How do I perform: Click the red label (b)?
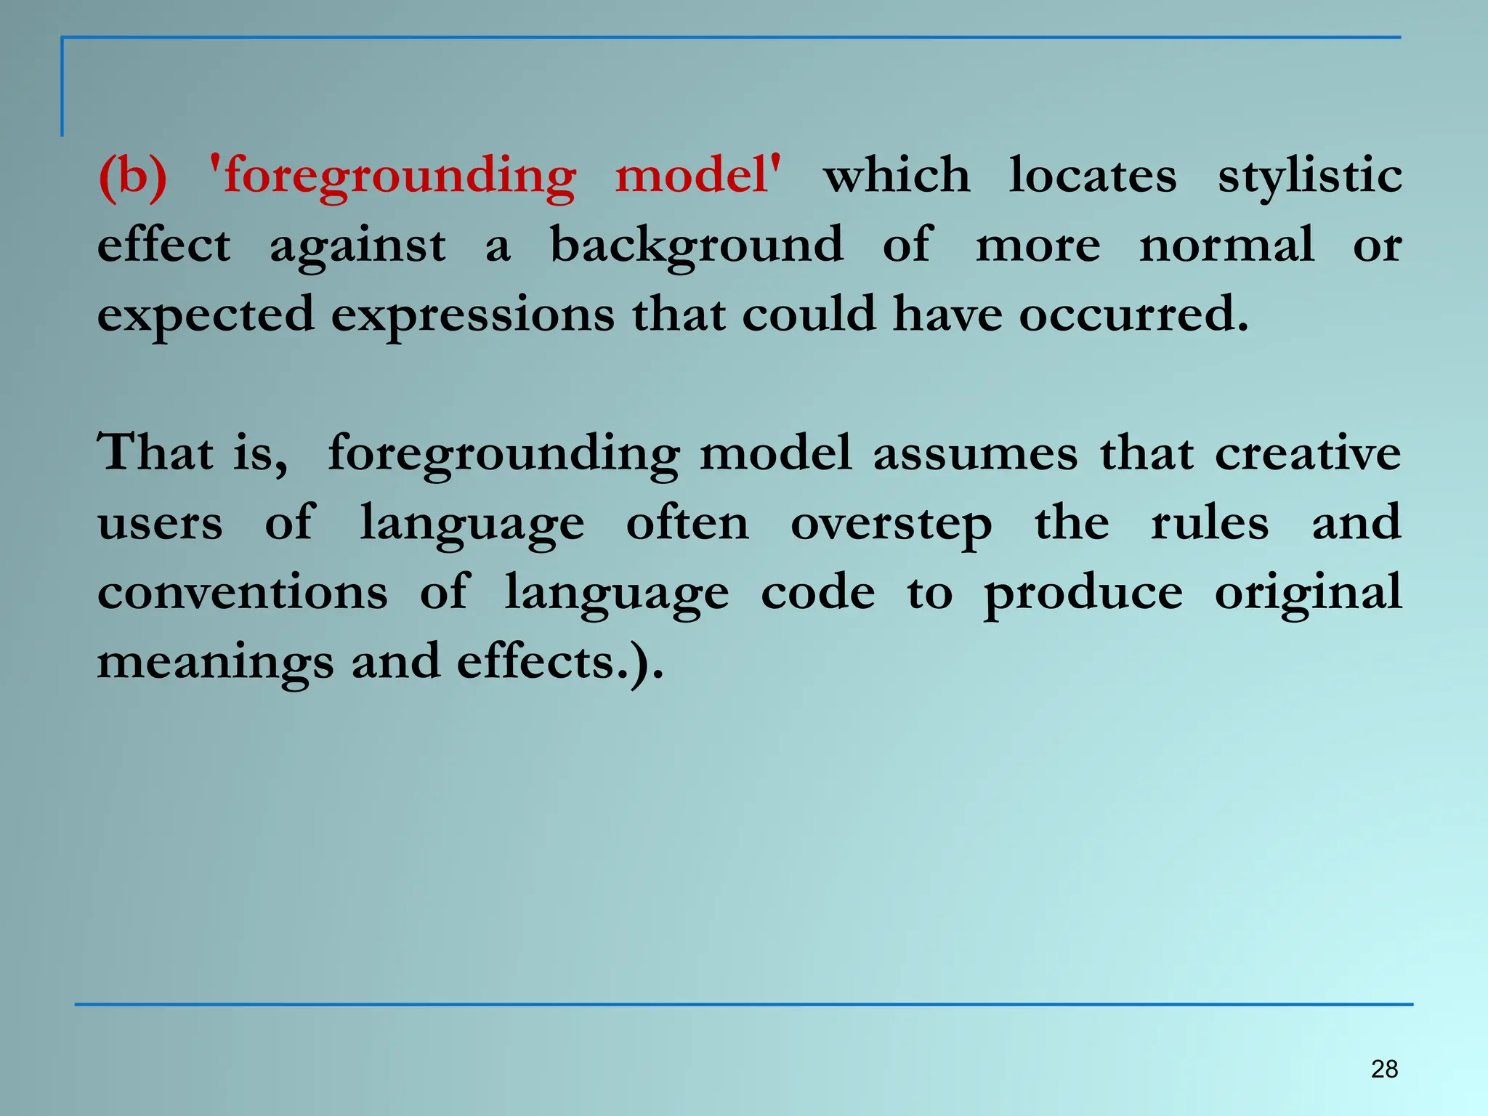(132, 176)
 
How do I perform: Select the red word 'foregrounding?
(392, 177)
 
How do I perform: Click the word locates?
(1092, 176)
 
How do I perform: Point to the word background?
(696, 246)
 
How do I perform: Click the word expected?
(206, 315)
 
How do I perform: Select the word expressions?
(473, 315)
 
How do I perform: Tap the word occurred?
(1133, 314)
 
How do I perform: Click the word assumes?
(975, 453)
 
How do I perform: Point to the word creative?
(1308, 453)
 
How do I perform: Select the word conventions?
(243, 592)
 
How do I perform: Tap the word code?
(817, 592)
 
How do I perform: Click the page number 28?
(1384, 1069)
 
